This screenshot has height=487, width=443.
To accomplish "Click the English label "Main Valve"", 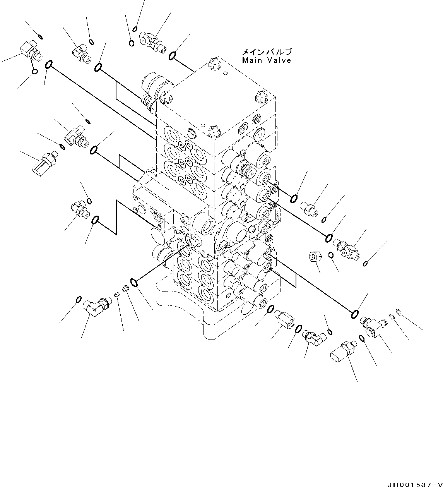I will [266, 60].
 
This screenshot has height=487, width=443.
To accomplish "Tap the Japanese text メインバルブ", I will [266, 51].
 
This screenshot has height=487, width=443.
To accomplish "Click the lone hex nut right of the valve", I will [315, 257].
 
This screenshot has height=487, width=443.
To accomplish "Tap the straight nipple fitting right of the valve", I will [310, 208].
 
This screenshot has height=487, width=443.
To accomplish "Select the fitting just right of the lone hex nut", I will [346, 249].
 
